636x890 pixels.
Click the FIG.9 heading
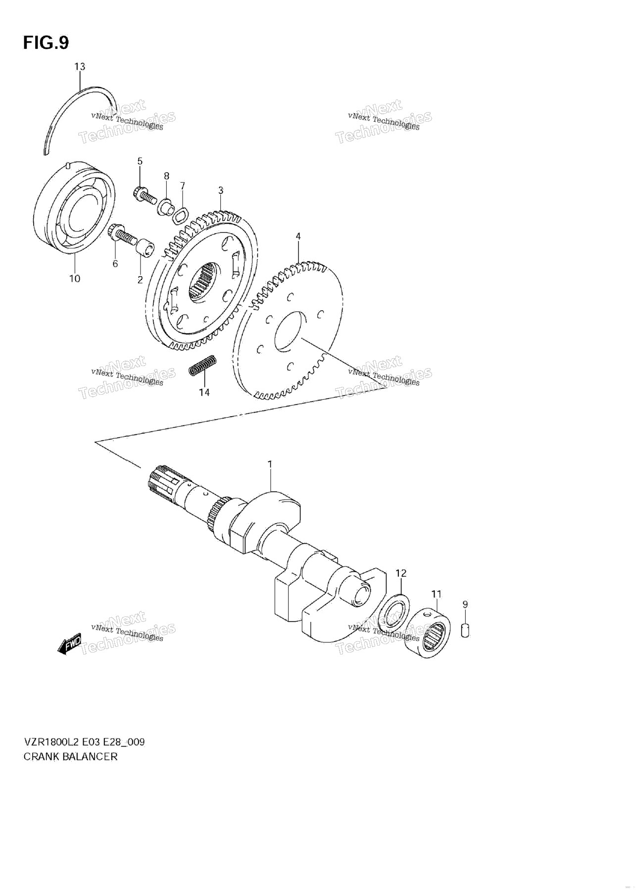pyautogui.click(x=46, y=43)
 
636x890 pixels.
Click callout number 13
pyautogui.click(x=80, y=66)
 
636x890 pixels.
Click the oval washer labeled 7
pyautogui.click(x=181, y=214)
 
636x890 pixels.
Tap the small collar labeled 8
pyautogui.click(x=165, y=206)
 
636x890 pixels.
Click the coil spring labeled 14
pyautogui.click(x=202, y=366)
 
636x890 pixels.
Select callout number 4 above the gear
pyautogui.click(x=298, y=236)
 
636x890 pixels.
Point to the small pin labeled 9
pyautogui.click(x=465, y=630)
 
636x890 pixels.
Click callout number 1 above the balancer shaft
pyautogui.click(x=270, y=464)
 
